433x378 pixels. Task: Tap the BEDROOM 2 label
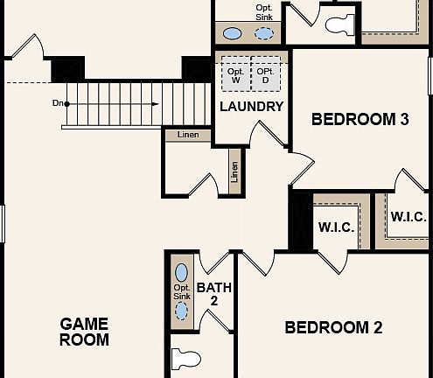[333, 327]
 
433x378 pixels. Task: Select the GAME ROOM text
[84, 332]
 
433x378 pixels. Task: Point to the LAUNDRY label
[252, 107]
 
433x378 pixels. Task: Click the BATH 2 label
[213, 293]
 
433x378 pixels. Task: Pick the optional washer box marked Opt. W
[235, 75]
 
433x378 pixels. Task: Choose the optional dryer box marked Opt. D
[265, 75]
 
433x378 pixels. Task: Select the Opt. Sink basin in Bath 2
[182, 273]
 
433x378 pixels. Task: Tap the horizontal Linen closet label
[187, 134]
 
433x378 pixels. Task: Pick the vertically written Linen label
[234, 171]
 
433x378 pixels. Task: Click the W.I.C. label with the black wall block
[336, 227]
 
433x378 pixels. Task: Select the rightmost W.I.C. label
[408, 217]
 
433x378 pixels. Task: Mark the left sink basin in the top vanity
[232, 34]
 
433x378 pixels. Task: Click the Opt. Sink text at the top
[264, 12]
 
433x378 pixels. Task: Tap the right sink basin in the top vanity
[263, 34]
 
